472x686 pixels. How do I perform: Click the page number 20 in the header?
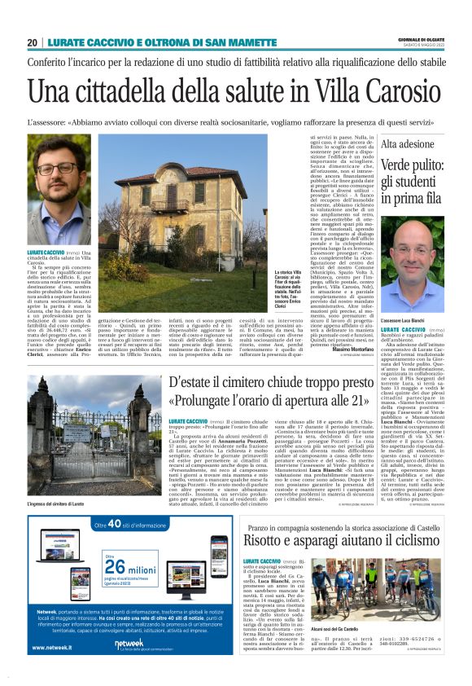32,43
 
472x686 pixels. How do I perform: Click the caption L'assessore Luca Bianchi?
404,319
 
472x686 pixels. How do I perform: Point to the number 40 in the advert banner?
115,526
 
